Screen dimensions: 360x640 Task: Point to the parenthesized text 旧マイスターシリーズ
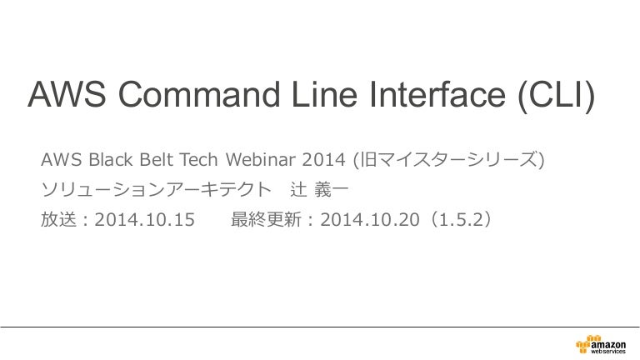pyautogui.click(x=448, y=159)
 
